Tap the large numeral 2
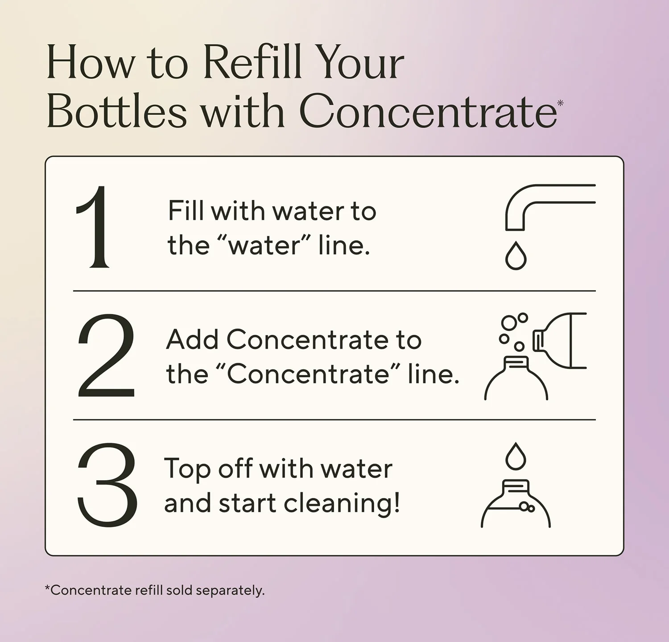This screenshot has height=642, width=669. [106, 355]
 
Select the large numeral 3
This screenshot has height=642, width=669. [107, 485]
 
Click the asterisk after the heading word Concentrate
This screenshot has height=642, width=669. [560, 103]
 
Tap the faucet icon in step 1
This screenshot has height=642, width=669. [550, 207]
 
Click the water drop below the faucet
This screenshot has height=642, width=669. [516, 255]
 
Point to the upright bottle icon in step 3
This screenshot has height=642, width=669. [516, 504]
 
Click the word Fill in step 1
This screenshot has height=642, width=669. [186, 210]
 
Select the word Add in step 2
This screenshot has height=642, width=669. [192, 340]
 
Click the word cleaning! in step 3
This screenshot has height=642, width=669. [342, 503]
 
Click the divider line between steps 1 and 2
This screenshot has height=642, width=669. [334, 291]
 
